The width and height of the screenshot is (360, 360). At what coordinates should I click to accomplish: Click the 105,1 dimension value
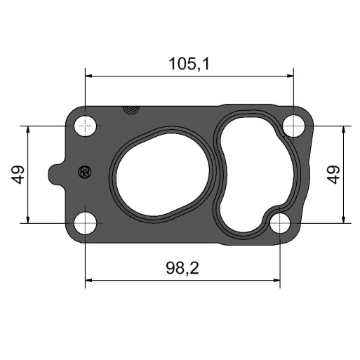(x=189, y=64)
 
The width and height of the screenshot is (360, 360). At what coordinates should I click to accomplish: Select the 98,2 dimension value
(x=182, y=268)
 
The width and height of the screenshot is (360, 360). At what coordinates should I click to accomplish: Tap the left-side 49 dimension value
(x=18, y=175)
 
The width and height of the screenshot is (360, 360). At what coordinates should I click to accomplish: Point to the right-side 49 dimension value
(x=333, y=175)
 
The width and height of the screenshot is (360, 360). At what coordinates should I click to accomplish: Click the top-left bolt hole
(x=85, y=126)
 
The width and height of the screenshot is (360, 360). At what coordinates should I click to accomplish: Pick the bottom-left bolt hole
(x=85, y=223)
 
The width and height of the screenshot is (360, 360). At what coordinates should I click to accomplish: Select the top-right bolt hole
(x=293, y=126)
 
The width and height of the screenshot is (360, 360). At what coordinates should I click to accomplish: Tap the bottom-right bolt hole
(x=280, y=223)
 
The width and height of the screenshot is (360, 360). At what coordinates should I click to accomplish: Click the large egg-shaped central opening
(x=162, y=174)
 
